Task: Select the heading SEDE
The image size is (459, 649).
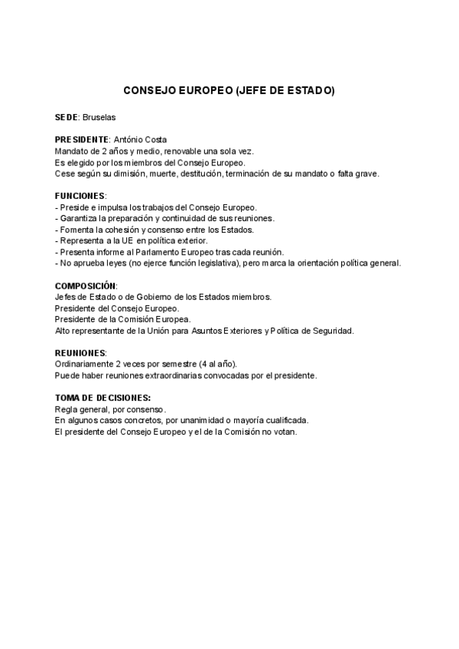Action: coord(67,119)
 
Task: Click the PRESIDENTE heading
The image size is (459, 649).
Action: coord(82,140)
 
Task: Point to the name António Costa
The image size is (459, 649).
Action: coord(139,140)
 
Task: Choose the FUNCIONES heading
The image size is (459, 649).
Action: coord(80,196)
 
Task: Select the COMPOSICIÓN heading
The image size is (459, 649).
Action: coord(86,285)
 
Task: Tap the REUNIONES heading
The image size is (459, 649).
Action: coord(80,352)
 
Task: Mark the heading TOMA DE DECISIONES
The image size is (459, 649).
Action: coord(103,398)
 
